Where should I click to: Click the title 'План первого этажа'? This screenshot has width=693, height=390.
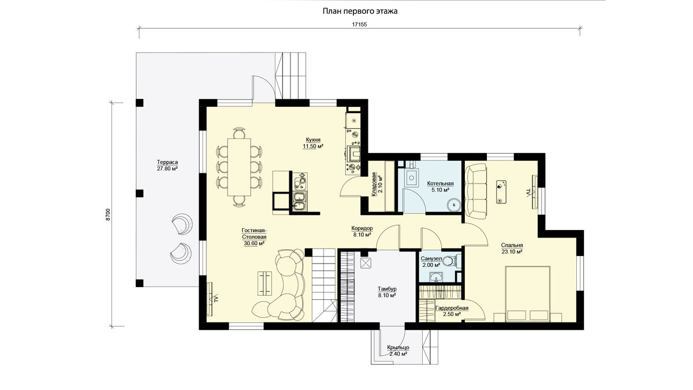[360, 12]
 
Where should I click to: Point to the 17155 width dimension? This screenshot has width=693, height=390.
[359, 24]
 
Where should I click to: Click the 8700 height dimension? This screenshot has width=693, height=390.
[107, 214]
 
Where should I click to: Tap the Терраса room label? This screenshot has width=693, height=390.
[167, 162]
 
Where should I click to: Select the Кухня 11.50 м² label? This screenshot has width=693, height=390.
[313, 143]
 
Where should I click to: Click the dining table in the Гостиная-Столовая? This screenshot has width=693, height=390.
[239, 167]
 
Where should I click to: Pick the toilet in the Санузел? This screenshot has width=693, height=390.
[450, 261]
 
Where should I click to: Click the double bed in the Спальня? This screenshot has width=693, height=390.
[528, 294]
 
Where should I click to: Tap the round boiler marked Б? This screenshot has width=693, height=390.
[454, 205]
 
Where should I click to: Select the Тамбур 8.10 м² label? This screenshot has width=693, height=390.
[387, 292]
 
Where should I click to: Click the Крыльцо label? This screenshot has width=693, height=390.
[398, 348]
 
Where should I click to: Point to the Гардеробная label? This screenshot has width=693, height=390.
[452, 309]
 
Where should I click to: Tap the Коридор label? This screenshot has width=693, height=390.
[362, 228]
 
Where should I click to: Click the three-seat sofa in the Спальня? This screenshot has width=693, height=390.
[476, 191]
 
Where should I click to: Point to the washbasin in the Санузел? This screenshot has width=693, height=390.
[436, 277]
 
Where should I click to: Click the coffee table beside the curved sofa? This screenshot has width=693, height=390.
[265, 284]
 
